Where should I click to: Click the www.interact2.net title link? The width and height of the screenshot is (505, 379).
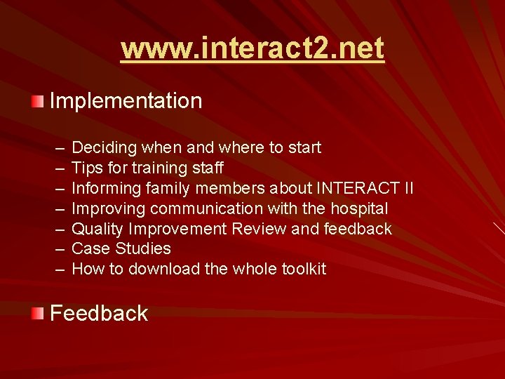coord(252,48)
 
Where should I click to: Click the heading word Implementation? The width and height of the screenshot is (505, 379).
coord(126,101)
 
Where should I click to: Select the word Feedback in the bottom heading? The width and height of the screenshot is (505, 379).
coord(99,313)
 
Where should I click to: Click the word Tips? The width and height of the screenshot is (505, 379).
coord(86,168)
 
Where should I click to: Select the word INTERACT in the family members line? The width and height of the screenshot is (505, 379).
coord(356,189)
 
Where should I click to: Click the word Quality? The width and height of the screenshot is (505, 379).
coord(97,229)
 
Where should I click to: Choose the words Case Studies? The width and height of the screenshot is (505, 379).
coord(121,249)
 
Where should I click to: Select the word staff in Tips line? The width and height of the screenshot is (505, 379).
coord(208,168)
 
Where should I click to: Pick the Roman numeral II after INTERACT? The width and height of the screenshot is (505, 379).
coord(407,189)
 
